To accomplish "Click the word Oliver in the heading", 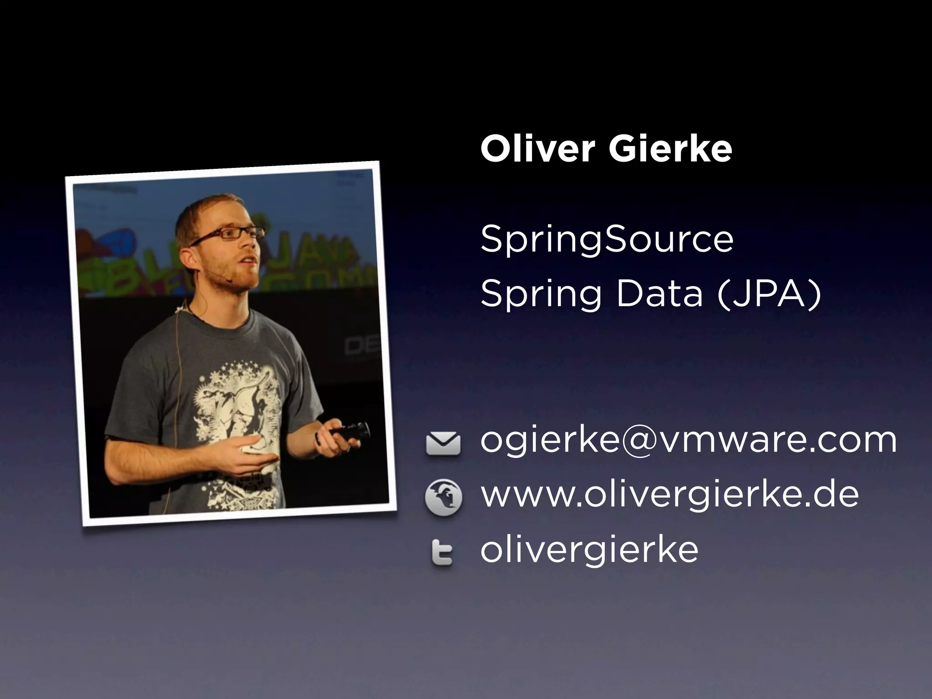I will [537, 149].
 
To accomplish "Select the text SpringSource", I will [607, 240].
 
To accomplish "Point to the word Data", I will [659, 294].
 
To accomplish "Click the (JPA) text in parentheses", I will [769, 294].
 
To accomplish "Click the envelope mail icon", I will [443, 444].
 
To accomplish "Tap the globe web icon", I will [443, 497].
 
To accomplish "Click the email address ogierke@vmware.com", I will [689, 441].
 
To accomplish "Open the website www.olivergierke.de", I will [669, 495].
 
